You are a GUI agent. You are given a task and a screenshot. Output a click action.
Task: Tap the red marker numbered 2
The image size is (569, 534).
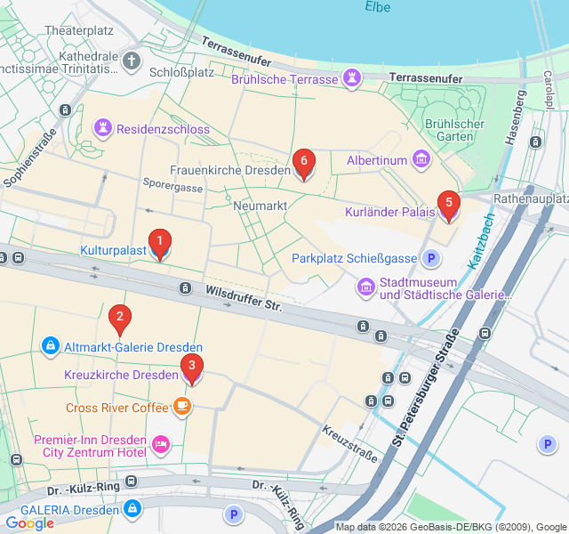click(x=119, y=318)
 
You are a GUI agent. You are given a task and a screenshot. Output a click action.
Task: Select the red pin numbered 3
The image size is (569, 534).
click(x=191, y=367)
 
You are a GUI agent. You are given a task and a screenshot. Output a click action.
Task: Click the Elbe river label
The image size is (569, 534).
click(x=377, y=7)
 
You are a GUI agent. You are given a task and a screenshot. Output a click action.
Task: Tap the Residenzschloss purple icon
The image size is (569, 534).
click(x=105, y=129)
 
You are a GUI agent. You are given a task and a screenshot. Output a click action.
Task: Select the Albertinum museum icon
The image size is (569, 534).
click(x=421, y=160)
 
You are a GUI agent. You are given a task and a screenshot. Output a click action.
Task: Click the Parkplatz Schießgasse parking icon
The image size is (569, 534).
click(x=431, y=259)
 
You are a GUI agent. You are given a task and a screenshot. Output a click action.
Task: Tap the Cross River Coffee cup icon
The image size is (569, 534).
click(x=181, y=408)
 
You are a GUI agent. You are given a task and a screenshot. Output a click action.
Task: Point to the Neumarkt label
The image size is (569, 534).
click(x=259, y=206)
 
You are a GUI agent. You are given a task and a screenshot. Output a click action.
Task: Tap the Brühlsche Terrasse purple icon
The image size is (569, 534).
click(x=353, y=79)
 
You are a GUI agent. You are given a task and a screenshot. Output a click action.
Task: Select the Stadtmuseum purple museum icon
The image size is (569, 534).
click(x=365, y=287)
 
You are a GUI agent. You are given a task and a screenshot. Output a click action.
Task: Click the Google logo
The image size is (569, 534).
click(x=29, y=523)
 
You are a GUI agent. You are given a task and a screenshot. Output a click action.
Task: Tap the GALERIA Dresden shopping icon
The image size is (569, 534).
click(x=132, y=509)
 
